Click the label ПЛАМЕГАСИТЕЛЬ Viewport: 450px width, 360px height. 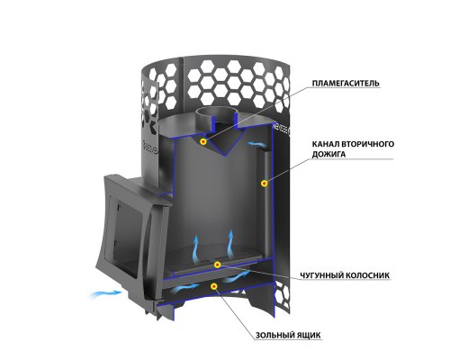[346, 83]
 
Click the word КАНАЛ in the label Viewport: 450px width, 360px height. [325, 144]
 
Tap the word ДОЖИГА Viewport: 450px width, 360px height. [325, 155]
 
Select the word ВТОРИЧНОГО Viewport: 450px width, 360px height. [368, 144]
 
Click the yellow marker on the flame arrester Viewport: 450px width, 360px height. [203, 142]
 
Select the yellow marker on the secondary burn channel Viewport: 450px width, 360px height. [265, 184]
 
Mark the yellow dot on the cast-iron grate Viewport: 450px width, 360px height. [217, 265]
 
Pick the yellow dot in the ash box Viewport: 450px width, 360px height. [213, 286]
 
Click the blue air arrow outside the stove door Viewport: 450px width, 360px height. [105, 294]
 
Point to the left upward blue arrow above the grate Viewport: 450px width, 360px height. [195, 247]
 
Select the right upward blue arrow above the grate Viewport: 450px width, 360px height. [230, 244]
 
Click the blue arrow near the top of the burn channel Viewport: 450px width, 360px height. [256, 146]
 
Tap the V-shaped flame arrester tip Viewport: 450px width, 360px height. [224, 156]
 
